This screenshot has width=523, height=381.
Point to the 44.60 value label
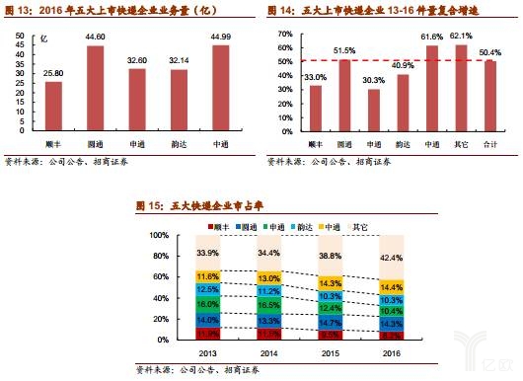pos(95,36)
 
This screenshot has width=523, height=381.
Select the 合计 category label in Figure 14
pos(489,144)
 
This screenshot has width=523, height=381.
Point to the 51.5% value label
pos(344,49)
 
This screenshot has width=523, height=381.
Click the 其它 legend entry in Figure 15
pos(352,225)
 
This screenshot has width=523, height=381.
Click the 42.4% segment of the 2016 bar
pos(391,259)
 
